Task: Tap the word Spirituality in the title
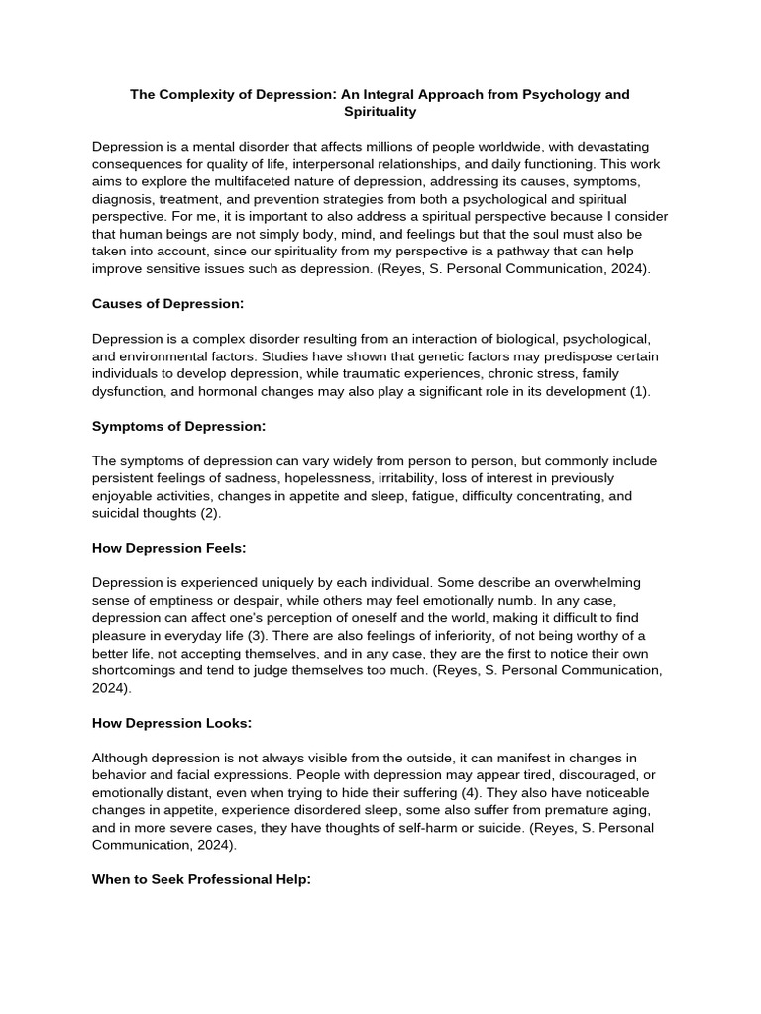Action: [380, 113]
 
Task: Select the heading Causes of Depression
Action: [167, 304]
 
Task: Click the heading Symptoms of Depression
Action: [178, 426]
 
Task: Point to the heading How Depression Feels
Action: [169, 548]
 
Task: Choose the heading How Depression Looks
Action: [171, 723]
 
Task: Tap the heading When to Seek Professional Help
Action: [202, 879]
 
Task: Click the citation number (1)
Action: [639, 391]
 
